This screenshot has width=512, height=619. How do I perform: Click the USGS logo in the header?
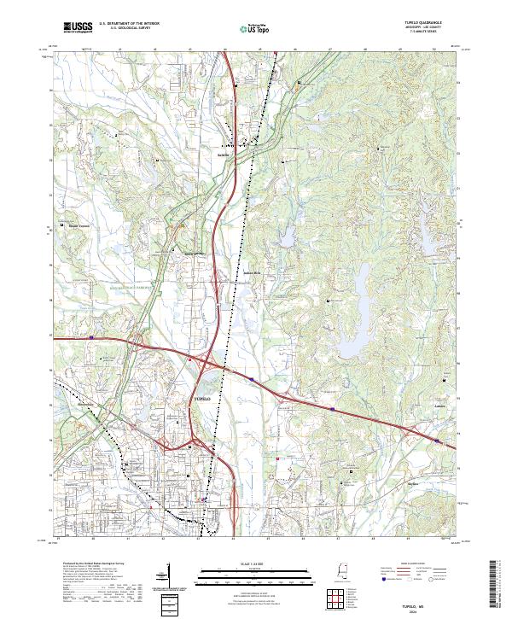(x=78, y=29)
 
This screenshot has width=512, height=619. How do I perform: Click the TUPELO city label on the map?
(x=197, y=400)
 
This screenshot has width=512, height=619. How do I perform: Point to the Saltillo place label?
(x=225, y=155)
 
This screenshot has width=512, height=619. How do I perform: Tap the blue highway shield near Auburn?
(x=437, y=441)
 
